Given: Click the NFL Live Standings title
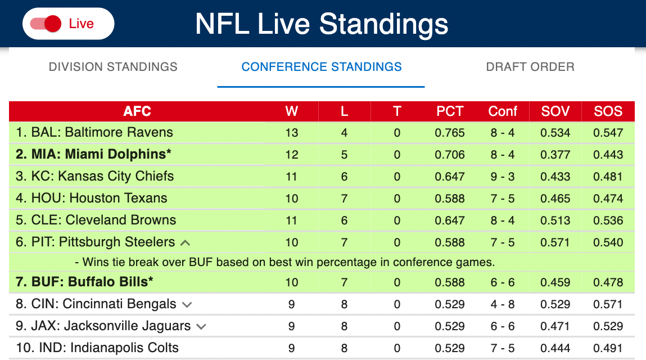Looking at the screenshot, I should point(322,24).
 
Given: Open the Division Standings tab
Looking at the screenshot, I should point(113,67).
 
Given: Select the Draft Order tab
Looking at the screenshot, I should point(530,67).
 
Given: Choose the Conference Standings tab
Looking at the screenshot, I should point(322,67).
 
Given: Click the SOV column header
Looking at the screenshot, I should point(555,111).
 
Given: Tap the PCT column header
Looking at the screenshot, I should point(450,111).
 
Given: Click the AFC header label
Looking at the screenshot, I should point(137,111).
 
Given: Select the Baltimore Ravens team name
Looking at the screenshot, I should point(119,132).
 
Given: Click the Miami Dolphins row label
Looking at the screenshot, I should point(93,154).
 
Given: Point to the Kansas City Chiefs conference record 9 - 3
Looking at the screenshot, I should point(502,176).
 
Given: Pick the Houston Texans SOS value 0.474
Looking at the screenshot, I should point(608,198).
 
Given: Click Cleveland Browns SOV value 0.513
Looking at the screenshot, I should point(555,220).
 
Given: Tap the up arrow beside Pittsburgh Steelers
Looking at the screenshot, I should point(185,243).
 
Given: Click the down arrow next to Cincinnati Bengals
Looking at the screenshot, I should point(187,305).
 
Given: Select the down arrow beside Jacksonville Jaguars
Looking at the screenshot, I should point(201,327).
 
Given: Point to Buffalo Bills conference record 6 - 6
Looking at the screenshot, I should point(502,282).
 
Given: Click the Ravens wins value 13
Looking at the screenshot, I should point(291,132).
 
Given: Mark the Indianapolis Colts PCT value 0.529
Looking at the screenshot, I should point(450,348).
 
